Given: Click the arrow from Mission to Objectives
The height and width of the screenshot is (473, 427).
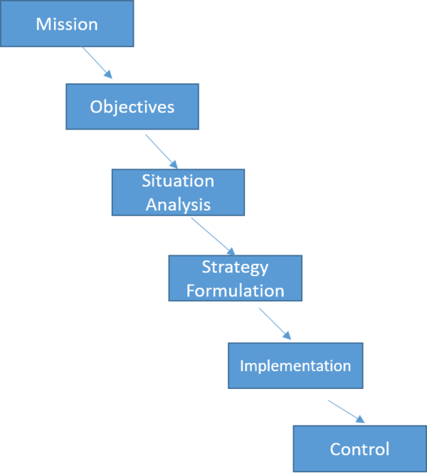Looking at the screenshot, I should point(97,63).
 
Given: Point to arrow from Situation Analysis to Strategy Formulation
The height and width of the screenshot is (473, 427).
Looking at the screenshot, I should point(213,235).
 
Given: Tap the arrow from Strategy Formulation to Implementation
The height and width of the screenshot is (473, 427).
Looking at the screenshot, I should point(275,324).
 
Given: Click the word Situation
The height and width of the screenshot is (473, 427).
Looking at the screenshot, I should point(178,181).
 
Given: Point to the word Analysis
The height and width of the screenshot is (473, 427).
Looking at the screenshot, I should point(178,204).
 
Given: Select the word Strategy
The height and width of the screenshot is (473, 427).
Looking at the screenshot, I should point(235,267).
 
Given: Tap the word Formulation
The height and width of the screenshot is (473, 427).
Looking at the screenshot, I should point(235,290).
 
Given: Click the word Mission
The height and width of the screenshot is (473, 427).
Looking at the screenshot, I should point(67,24).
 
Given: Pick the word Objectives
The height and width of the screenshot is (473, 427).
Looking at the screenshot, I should point(132,107).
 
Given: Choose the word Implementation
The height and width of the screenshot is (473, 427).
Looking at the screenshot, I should point(295,366).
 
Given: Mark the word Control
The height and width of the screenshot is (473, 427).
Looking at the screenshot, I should point(359,450).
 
